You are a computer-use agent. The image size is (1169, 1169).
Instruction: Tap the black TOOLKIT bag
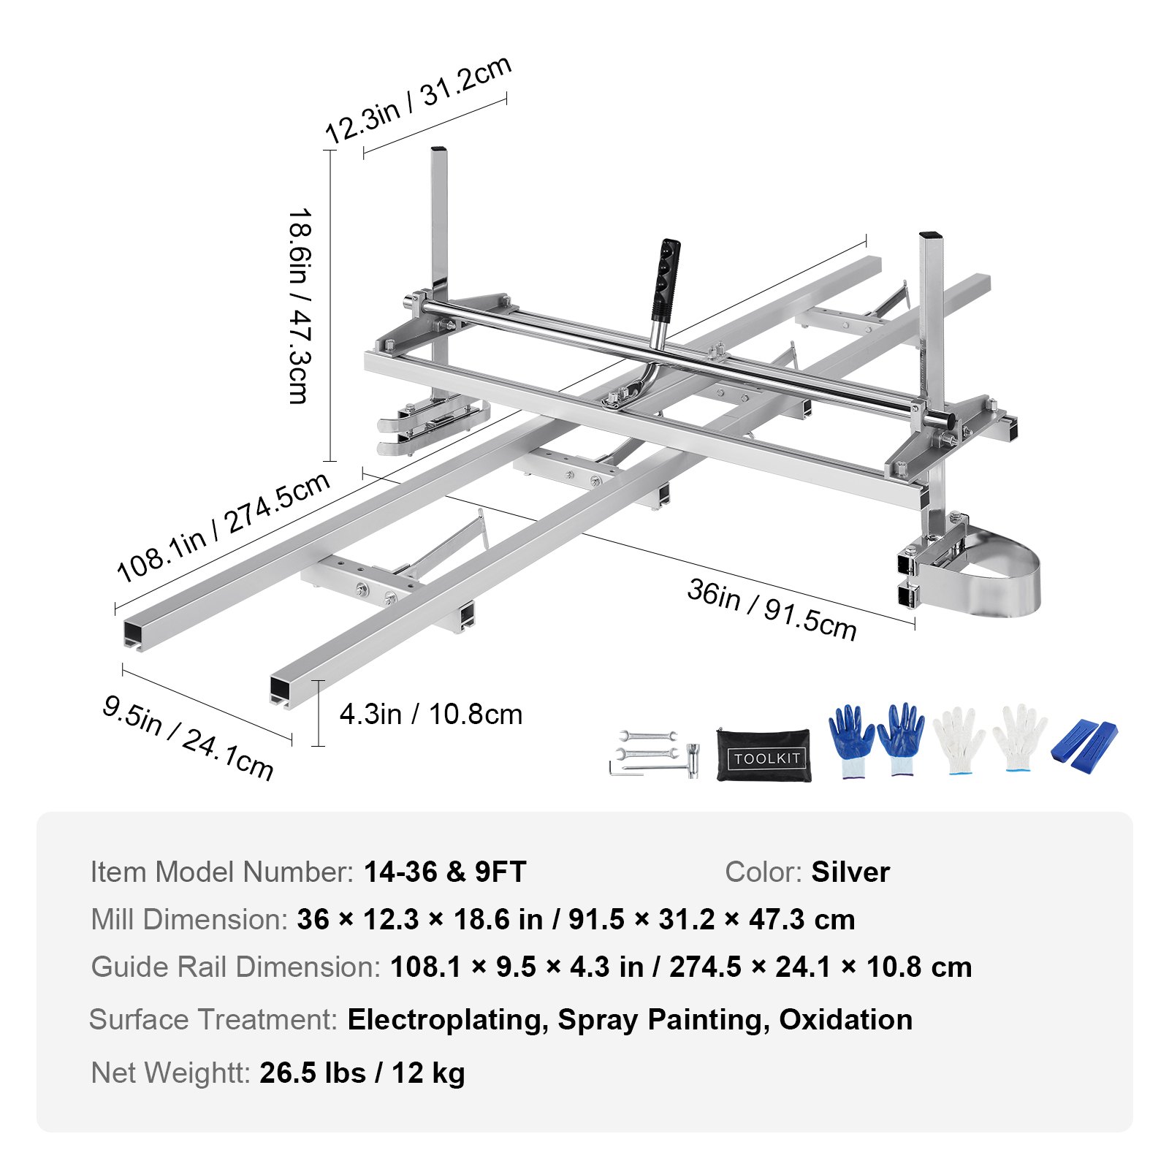point(763,755)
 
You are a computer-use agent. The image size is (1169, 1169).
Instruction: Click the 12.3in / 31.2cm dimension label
point(418,100)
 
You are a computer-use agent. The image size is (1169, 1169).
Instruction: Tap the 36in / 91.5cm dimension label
point(772,609)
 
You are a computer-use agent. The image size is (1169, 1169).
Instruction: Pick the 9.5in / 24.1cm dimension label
point(188,737)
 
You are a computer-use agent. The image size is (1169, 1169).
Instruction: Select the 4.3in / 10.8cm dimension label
point(431,714)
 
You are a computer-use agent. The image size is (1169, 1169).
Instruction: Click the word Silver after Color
point(850,872)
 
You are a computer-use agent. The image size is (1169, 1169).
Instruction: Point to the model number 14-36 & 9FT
point(445,872)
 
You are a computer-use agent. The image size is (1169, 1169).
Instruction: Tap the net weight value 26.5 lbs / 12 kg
point(362,1073)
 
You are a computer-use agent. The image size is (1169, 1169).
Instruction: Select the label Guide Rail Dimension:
point(235,967)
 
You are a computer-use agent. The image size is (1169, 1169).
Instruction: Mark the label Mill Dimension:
point(189,919)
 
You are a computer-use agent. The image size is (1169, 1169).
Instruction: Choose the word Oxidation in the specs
point(845,1019)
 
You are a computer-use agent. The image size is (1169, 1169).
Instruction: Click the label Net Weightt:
point(170,1073)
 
